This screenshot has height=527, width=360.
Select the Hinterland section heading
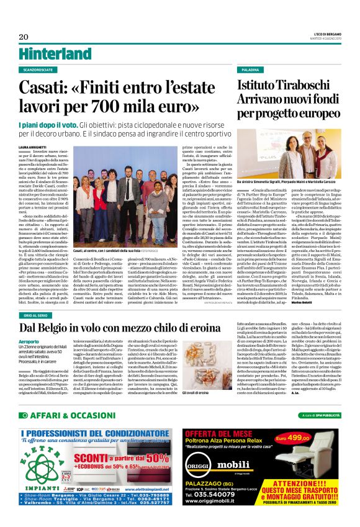tap(47, 36)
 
